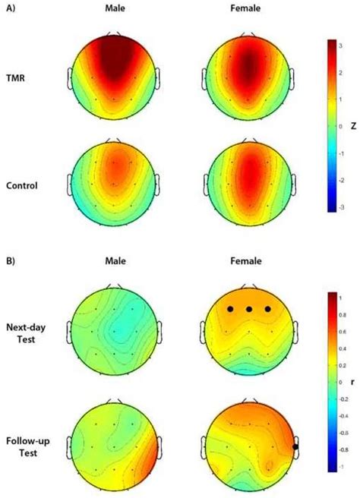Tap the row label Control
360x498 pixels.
(23, 185)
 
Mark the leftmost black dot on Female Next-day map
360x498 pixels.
(229, 309)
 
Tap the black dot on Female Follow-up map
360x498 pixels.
(295, 446)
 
